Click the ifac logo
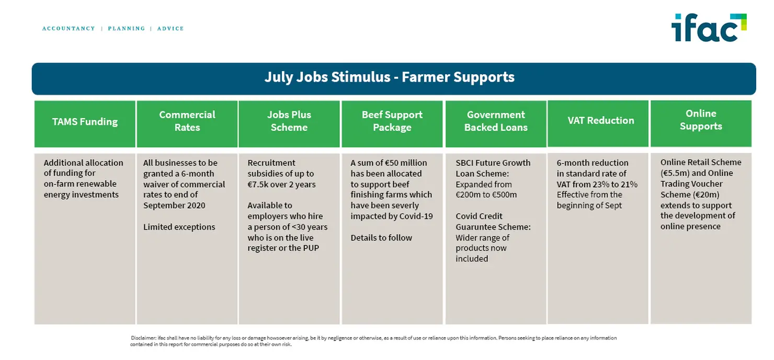tap(709, 28)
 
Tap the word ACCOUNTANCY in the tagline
tap(69, 28)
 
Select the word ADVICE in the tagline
tap(170, 28)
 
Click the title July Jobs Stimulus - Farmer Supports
tap(390, 77)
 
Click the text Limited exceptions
tap(179, 227)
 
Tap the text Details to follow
tap(381, 238)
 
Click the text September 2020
tap(174, 206)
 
